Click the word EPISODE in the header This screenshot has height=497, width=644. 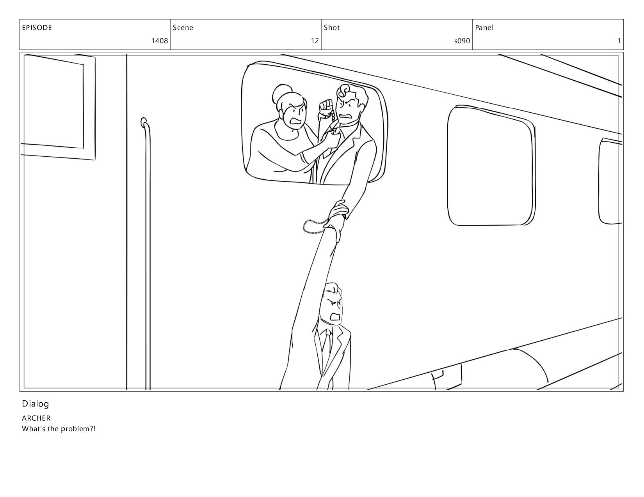coord(37,28)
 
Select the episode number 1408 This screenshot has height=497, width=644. coord(160,41)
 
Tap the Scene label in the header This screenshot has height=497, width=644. coord(183,28)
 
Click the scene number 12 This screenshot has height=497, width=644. coord(315,41)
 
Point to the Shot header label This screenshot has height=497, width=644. coord(332,28)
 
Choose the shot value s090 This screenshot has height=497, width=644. coord(462,41)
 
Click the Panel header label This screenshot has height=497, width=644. coord(484,28)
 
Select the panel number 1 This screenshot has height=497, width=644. coord(619,41)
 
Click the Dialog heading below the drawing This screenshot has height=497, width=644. coord(35,404)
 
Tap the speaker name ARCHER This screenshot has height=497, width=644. coord(36,418)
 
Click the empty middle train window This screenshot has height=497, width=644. coord(491,166)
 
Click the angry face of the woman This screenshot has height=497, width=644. coord(294,115)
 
